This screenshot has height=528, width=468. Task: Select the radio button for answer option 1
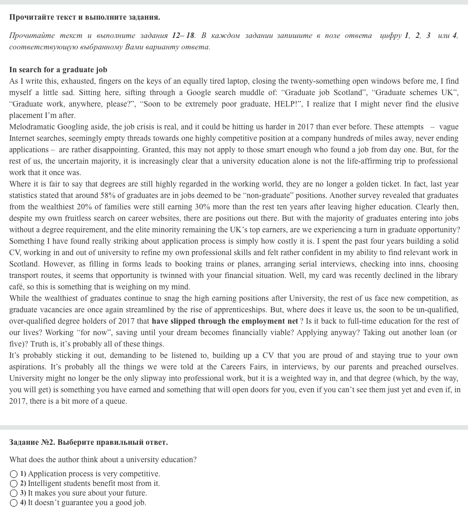click(x=14, y=474)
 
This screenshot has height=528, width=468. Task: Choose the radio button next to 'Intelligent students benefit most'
click(x=14, y=484)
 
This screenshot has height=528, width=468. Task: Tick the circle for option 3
click(x=14, y=493)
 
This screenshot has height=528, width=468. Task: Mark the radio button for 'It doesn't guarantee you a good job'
click(x=14, y=503)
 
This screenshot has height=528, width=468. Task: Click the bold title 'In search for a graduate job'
click(x=58, y=70)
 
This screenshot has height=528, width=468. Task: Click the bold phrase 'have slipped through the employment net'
click(x=225, y=321)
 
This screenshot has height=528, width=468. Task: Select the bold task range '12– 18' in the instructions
click(x=183, y=36)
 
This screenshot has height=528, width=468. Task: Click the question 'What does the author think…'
click(x=103, y=460)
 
